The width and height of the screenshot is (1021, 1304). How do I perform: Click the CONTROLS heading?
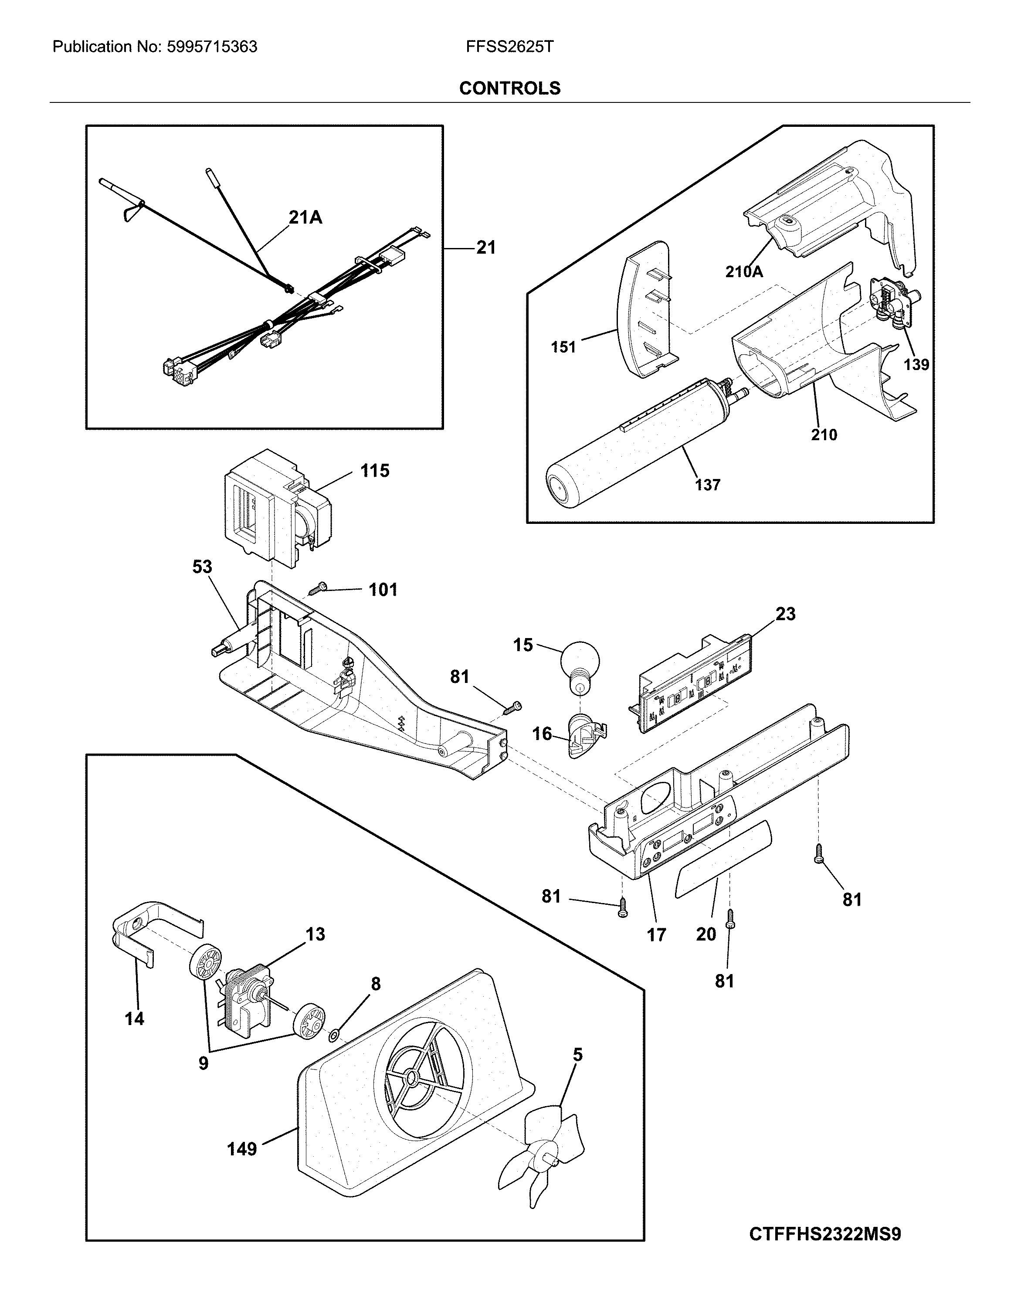(x=509, y=88)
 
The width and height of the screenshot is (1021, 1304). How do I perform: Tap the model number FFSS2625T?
(x=509, y=47)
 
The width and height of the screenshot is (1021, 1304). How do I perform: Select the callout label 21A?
(x=305, y=217)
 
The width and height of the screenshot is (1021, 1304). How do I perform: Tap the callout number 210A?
(x=744, y=272)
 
